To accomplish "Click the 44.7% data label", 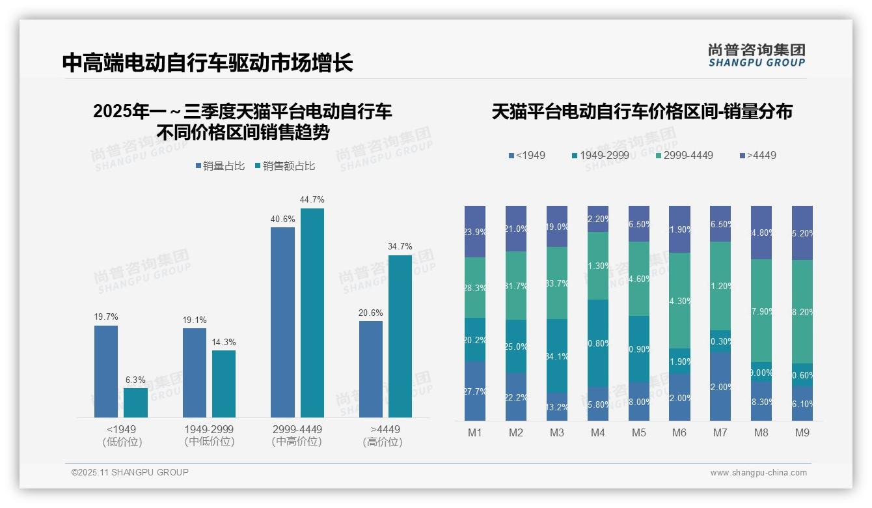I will tap(312, 199).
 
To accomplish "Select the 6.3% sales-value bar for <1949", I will tap(135, 402).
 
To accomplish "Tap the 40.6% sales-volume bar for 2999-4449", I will tap(282, 322).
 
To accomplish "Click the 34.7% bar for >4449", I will tap(400, 336).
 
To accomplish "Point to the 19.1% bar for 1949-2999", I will tap(195, 373).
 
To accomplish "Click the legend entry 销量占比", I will tap(220, 166).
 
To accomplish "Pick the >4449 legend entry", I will tap(757, 155).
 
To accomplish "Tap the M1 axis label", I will tap(475, 432).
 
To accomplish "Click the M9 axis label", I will tap(802, 432).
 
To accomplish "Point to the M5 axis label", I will tap(638, 432).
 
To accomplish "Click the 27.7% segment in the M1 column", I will tap(475, 391).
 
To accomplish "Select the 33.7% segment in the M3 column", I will tap(557, 283).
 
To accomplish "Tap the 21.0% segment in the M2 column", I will tap(516, 229).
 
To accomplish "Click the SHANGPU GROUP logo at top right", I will tap(757, 55).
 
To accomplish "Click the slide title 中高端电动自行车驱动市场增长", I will tap(208, 63).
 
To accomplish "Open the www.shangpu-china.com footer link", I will tap(758, 473).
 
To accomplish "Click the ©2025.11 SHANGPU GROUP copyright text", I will tap(130, 472).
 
